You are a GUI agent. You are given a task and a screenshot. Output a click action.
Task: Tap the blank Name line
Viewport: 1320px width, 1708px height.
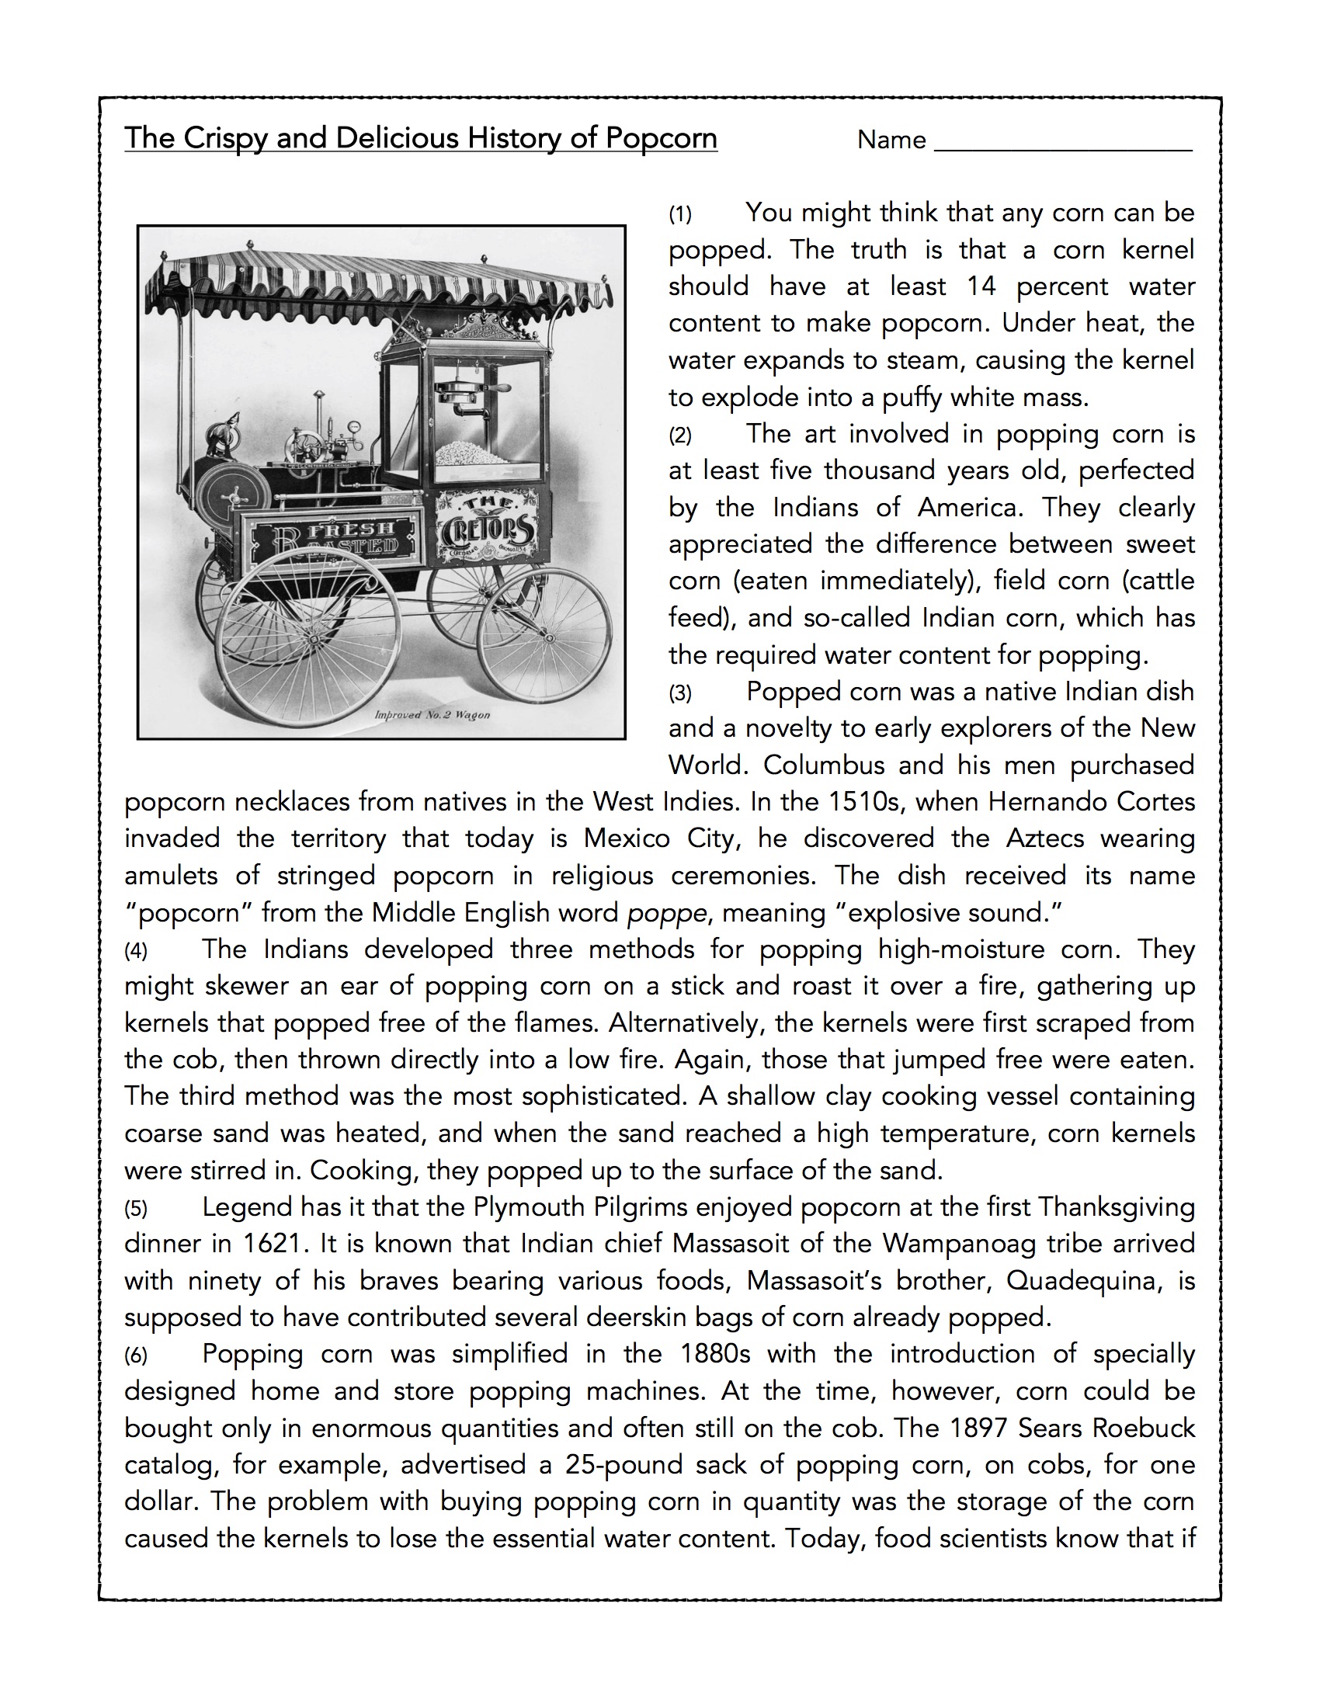1064,141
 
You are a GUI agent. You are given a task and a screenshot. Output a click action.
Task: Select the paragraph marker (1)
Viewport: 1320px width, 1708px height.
679,215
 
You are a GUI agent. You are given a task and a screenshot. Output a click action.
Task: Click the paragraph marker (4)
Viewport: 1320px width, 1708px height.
135,952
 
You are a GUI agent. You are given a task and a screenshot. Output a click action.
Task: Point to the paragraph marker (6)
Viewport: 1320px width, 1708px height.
135,1356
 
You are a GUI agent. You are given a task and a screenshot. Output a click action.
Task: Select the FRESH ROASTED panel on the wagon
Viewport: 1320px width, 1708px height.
337,536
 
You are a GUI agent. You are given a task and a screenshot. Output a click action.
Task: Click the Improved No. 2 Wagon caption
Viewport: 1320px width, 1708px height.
432,715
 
